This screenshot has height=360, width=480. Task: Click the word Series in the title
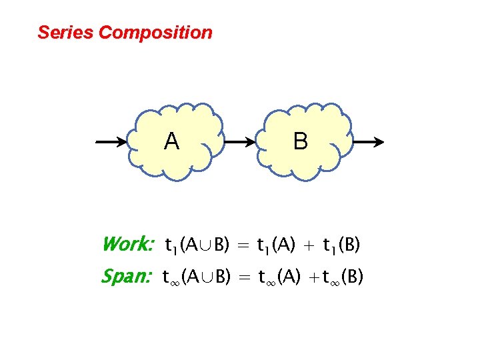coord(65,32)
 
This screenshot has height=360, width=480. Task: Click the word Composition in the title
coord(155,33)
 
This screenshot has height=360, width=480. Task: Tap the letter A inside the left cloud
coord(171,141)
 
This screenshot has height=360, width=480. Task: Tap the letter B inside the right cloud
coord(301,141)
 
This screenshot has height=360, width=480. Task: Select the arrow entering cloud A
coord(115,142)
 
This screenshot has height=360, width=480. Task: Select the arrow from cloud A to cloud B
coord(241,142)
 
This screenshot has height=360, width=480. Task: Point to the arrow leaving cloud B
coord(367,142)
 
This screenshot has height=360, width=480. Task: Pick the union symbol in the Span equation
coord(204,276)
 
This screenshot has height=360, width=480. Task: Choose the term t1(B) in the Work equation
coord(341,246)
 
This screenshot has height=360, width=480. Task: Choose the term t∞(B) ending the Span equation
coord(343,276)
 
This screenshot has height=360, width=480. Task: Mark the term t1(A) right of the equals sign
coord(277,246)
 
